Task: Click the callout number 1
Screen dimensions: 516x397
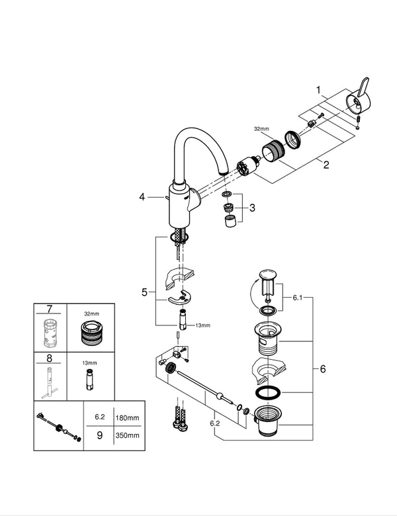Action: point(318,89)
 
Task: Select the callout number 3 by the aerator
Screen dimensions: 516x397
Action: point(251,208)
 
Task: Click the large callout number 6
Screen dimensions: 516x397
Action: point(322,369)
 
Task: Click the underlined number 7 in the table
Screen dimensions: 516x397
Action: point(49,310)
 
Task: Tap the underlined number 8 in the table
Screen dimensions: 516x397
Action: point(49,360)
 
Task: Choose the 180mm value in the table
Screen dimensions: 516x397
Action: point(126,419)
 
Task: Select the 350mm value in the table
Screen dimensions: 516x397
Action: point(126,435)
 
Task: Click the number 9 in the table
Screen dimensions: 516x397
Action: point(99,435)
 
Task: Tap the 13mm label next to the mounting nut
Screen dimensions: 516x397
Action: point(202,325)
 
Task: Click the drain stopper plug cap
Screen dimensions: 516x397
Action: point(268,275)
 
